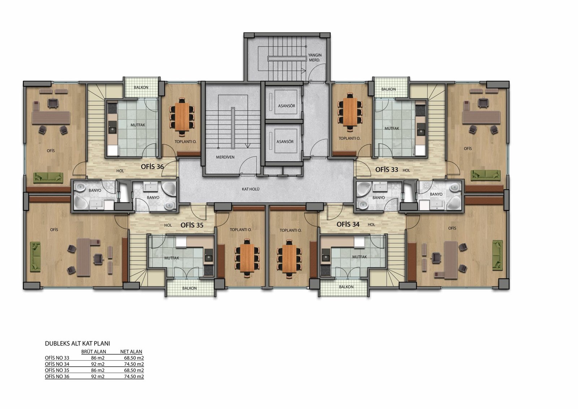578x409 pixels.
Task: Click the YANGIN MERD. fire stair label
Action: pos(315,57)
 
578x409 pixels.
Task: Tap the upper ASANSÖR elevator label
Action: pos(286,106)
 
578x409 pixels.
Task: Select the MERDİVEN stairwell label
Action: pos(225,157)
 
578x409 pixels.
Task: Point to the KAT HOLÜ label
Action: pos(251,189)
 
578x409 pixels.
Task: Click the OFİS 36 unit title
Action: pos(152,167)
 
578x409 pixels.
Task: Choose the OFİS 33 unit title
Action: pos(387,170)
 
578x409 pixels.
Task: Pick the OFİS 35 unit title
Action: pos(192,225)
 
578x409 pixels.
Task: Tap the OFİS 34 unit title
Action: pos(348,224)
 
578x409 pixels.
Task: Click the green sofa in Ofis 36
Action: pos(48,178)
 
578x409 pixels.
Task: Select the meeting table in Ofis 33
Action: pos(350,112)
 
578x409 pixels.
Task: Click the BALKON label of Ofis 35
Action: pos(189,288)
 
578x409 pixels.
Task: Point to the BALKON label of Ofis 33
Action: pos(388,89)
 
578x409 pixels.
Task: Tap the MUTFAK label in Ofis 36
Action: pos(138,125)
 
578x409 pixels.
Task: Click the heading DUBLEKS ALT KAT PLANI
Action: pos(77,344)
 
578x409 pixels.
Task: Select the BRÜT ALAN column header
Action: pos(94,352)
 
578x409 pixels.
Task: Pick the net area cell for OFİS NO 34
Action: pos(134,364)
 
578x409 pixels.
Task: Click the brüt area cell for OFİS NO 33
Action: pos(98,358)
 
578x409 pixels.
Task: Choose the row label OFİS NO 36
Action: pos(57,376)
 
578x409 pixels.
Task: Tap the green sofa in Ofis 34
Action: pos(497,255)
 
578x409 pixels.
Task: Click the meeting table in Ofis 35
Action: pos(247,258)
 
